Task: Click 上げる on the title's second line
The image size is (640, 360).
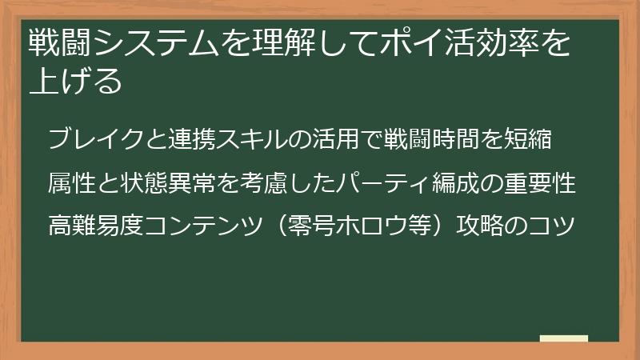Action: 75,81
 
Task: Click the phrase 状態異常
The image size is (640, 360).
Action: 170,182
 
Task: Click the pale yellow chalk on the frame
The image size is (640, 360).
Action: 564,338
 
